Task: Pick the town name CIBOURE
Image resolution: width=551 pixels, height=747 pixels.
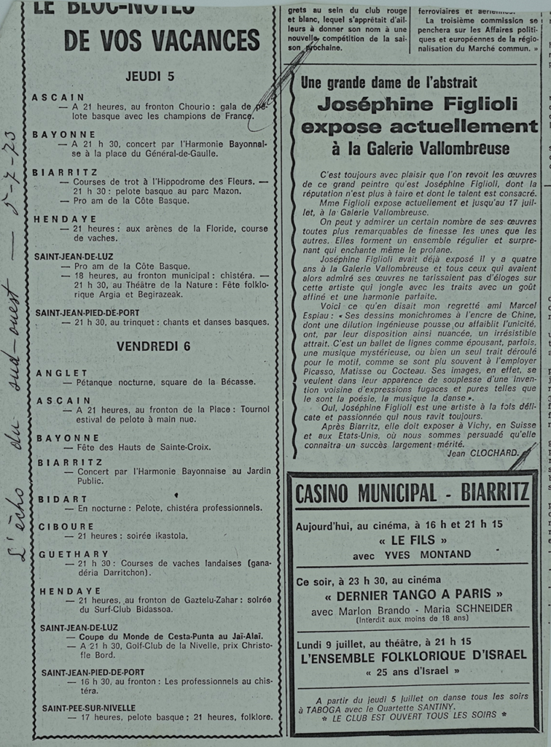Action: click(x=66, y=526)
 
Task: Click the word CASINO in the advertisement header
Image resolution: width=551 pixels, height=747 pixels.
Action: click(x=325, y=494)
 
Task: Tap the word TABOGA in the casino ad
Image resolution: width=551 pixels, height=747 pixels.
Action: click(x=320, y=708)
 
